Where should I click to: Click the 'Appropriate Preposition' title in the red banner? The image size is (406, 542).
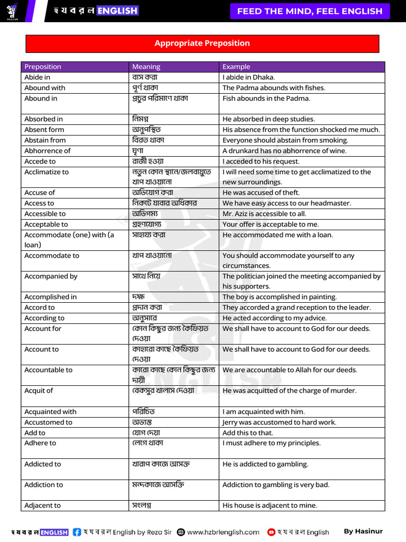[x=202, y=43]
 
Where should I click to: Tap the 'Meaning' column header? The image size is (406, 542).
[x=146, y=67]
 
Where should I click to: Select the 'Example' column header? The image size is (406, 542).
[x=236, y=67]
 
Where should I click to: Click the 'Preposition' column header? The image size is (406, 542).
[x=43, y=67]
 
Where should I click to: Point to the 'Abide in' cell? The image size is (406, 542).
[x=38, y=77]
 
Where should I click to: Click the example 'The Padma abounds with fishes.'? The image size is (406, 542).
[x=274, y=88]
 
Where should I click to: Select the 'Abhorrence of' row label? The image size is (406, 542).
[x=47, y=151]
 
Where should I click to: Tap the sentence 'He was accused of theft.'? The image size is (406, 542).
[x=261, y=193]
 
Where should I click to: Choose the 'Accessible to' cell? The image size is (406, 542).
[x=45, y=214]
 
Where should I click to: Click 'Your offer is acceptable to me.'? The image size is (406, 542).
[x=271, y=224]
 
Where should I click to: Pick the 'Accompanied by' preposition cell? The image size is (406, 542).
[x=51, y=276]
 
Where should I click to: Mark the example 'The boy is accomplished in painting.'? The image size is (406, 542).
[x=280, y=297]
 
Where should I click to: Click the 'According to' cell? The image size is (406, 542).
[x=44, y=318]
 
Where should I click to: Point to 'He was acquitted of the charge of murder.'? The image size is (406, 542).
[x=289, y=391]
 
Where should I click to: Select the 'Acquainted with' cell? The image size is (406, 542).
[x=50, y=412]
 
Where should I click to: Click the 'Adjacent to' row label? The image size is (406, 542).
[x=42, y=505]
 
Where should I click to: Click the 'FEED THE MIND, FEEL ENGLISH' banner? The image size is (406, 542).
[x=310, y=11]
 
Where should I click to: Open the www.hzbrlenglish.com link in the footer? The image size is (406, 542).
[x=223, y=532]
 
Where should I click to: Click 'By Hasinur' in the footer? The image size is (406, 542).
[x=363, y=531]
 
